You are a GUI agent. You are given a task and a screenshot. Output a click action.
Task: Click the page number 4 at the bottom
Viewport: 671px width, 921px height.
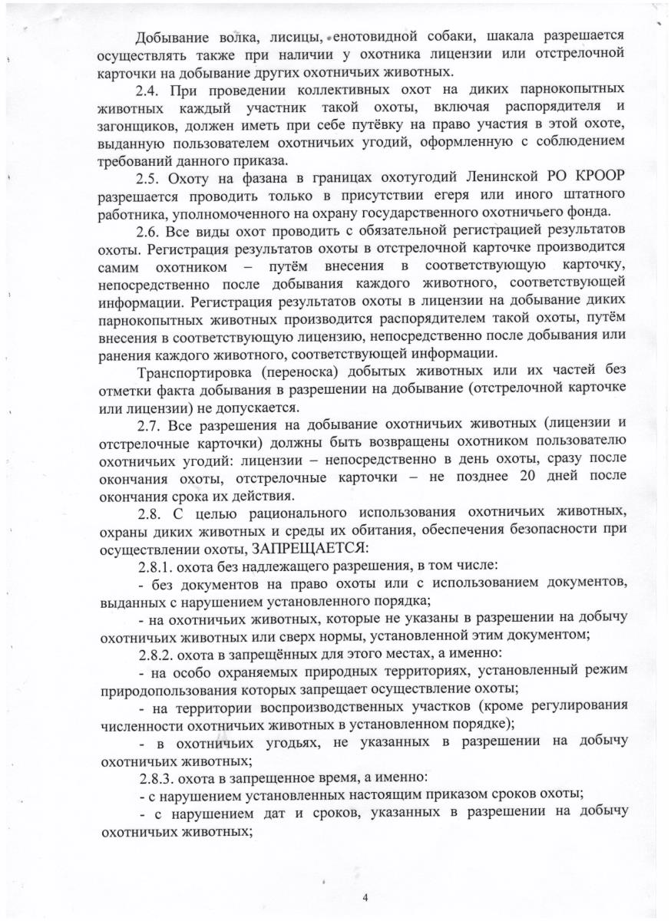tap(365, 896)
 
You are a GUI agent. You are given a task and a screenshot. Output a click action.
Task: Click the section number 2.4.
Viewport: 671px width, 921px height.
tap(152, 91)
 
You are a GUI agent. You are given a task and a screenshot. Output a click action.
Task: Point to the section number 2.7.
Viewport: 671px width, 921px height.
tap(152, 424)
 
